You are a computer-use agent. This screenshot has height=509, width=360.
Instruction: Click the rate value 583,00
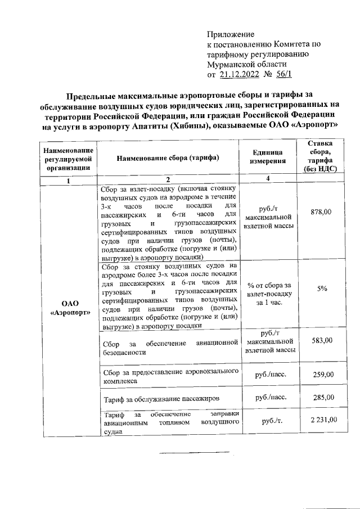pos(321,340)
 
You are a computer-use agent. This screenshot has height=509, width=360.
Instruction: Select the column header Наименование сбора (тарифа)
pos(168,157)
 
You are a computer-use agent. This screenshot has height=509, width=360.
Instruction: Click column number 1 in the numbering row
pos(67,181)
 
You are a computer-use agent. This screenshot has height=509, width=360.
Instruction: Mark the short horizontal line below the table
pos(194,452)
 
